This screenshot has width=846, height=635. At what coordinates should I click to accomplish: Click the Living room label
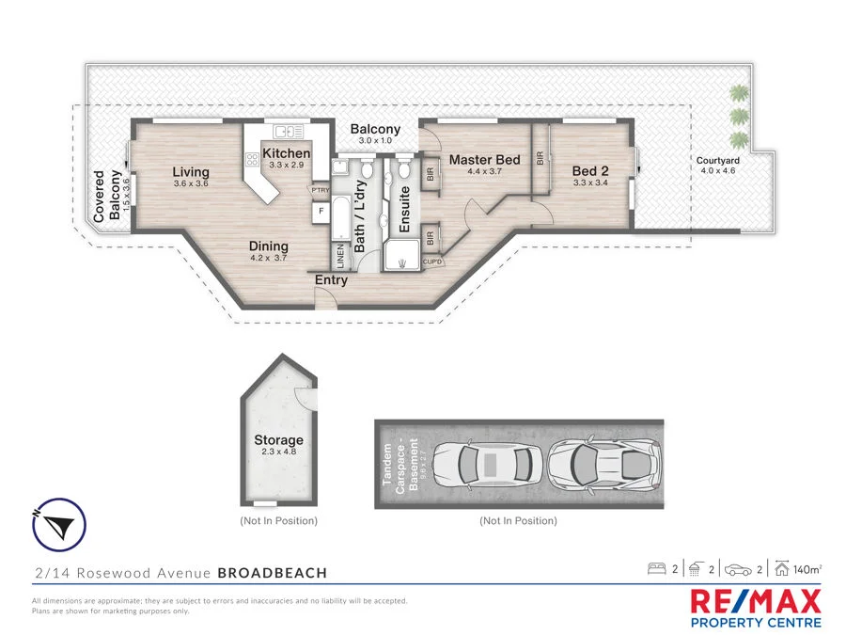coord(191,172)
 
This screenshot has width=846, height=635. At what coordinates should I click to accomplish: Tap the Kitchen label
coord(287,153)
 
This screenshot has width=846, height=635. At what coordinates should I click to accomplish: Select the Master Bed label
coord(484,160)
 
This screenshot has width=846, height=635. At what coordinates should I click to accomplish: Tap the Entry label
coord(331,279)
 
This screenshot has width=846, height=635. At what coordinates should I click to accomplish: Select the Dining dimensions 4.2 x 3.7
coord(269,258)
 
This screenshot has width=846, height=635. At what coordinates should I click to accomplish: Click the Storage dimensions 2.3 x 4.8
coord(279,452)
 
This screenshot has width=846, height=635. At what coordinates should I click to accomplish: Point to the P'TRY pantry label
coord(321,189)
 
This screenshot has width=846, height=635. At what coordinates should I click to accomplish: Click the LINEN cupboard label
coord(339,256)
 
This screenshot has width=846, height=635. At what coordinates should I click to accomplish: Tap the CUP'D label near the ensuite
coord(432,262)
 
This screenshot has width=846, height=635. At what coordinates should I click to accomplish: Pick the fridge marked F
coord(321,211)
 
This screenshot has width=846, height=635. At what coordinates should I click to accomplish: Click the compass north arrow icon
coord(59,524)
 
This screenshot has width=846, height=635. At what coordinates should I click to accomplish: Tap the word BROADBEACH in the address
coord(273,572)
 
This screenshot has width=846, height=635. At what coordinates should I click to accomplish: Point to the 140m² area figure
coord(807,569)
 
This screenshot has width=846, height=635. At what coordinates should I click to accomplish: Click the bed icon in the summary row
coord(656,569)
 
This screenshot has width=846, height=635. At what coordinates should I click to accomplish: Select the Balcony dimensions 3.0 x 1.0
coord(375,140)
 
